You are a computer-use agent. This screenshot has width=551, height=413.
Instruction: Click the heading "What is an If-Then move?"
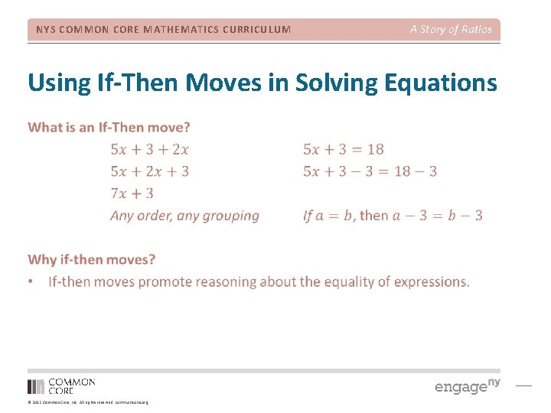pos(109,127)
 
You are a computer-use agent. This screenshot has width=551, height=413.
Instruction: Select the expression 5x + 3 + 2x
pos(149,149)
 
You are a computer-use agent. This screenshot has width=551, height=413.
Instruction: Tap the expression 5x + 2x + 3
pos(149,171)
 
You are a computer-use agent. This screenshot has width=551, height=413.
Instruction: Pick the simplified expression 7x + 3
pos(132,193)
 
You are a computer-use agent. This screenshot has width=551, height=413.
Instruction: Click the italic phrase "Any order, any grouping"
pos(184,216)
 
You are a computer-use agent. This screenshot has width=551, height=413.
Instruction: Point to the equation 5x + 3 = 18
pos(344,149)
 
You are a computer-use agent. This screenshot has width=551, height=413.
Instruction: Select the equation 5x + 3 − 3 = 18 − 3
pos(370,171)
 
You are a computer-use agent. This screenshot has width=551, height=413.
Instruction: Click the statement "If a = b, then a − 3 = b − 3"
pos(393,216)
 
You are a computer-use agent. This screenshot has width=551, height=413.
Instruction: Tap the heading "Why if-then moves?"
pos(91,260)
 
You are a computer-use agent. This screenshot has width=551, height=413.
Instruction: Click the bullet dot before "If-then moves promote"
pos(31,282)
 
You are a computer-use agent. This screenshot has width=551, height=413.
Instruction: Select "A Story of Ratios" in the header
pos(451,29)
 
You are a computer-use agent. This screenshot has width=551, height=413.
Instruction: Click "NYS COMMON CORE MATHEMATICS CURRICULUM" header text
pos(164,30)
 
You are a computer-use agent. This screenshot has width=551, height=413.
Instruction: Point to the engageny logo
pos(467,385)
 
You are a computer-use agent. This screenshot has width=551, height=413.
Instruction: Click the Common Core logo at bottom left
pos(61,385)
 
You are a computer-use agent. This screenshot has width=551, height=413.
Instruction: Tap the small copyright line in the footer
pos(88,402)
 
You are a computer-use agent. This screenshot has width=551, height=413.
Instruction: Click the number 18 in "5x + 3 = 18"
pos(374,149)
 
